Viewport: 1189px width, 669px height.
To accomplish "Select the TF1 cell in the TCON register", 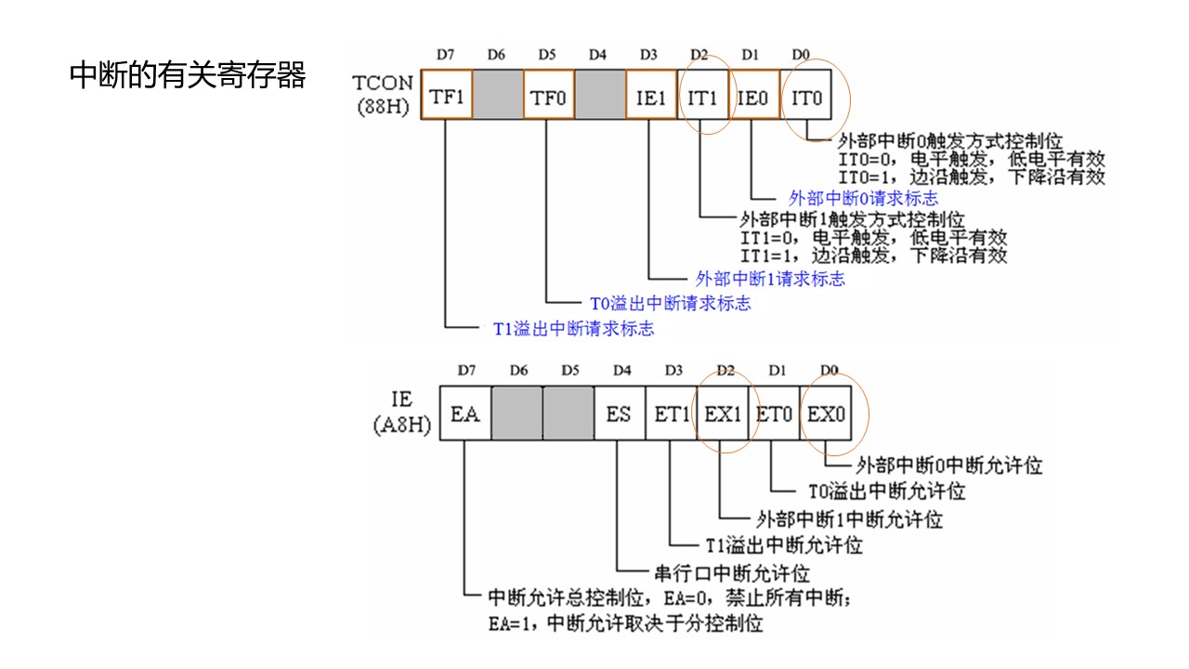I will [447, 96].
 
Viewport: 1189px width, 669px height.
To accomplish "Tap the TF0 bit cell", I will [548, 96].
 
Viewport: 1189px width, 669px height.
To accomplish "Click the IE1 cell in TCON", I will [650, 96].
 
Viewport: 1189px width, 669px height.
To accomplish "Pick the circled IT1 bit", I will [702, 96].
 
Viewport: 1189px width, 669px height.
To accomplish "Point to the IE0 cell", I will [752, 96].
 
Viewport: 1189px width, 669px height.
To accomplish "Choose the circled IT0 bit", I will [806, 96].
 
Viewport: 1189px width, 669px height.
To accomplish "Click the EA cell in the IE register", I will [465, 414].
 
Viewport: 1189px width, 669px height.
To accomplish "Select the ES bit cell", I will [619, 414].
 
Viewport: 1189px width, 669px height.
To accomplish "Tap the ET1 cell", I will [671, 414].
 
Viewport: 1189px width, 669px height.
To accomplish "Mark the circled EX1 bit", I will [722, 414].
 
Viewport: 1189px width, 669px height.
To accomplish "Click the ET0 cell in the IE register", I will [774, 414].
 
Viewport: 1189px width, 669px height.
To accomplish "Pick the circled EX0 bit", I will [826, 414].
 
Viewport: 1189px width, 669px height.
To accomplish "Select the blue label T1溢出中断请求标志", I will [572, 328].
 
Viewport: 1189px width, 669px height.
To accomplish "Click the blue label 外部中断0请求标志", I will [863, 198].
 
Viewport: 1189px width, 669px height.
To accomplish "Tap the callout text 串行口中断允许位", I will [726, 572].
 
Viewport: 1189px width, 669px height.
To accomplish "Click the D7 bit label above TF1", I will [446, 55].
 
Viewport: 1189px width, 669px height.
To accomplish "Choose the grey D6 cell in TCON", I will [497, 96].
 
